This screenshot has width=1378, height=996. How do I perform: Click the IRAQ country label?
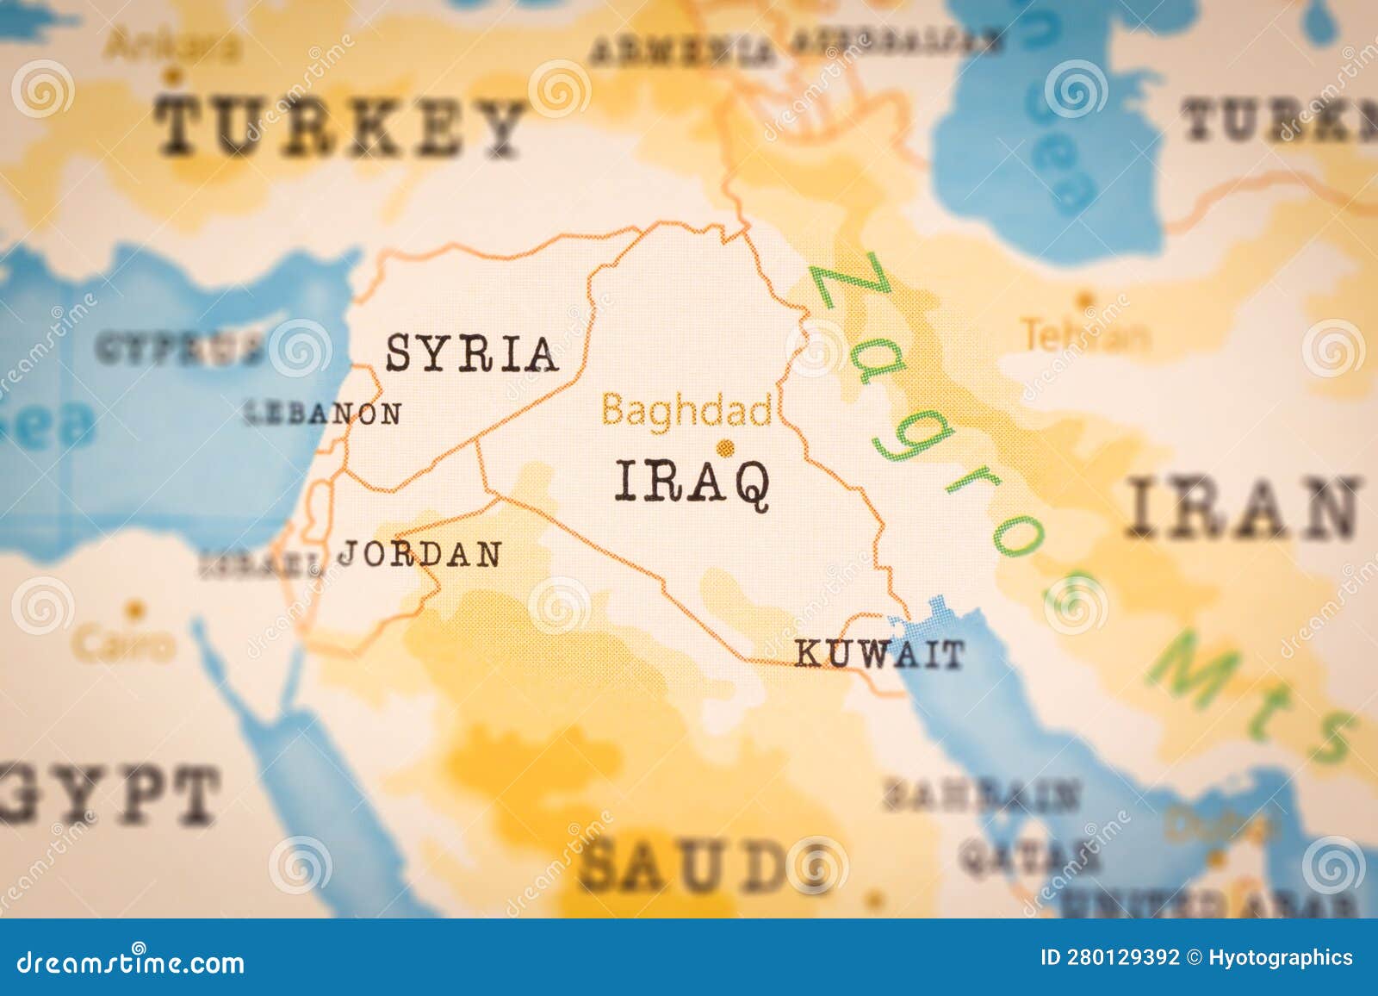tap(692, 482)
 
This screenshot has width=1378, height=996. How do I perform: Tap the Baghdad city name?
tap(686, 410)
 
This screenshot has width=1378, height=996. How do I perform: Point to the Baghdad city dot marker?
tap(725, 447)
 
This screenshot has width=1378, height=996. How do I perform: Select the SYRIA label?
tap(470, 353)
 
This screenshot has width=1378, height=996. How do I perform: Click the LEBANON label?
tap(324, 414)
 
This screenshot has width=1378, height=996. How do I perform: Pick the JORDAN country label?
tap(419, 554)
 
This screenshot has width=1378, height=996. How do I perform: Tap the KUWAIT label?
tap(878, 655)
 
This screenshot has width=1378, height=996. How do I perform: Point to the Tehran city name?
tap(1084, 335)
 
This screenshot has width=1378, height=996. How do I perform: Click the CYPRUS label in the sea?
tap(177, 349)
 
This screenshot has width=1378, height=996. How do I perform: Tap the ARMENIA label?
tap(680, 52)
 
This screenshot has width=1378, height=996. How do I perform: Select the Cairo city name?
tap(123, 643)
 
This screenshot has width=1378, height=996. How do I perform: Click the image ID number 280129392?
tap(1122, 957)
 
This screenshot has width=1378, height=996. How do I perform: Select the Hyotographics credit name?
tap(1280, 957)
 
